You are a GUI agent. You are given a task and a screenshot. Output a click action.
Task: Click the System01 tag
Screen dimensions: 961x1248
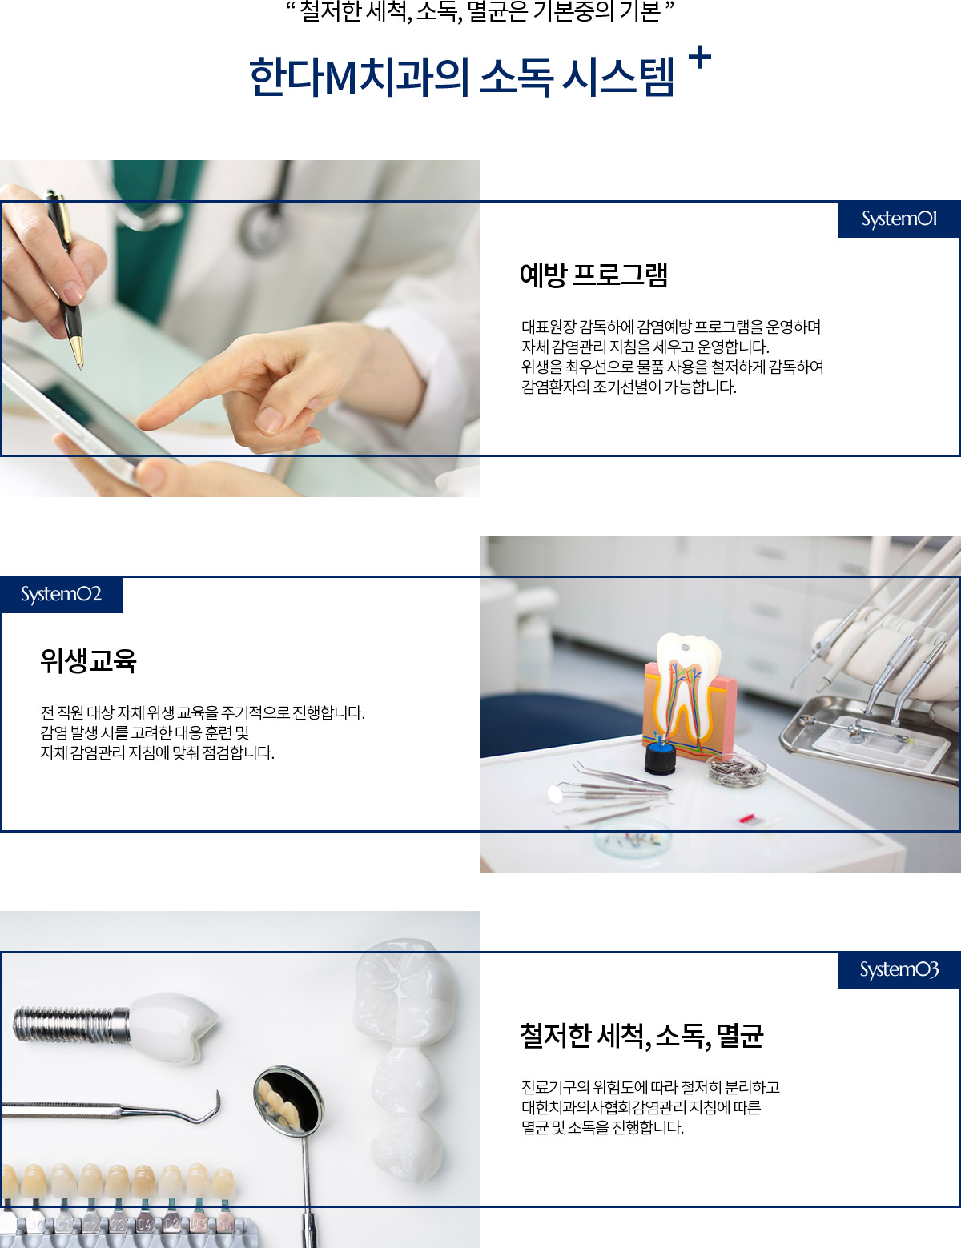[899, 219]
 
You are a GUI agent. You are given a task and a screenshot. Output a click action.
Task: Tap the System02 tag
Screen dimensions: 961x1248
[62, 595]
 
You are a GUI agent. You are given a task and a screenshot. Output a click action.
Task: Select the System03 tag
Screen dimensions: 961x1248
[899, 970]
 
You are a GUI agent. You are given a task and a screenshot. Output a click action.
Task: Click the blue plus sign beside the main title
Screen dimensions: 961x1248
[700, 58]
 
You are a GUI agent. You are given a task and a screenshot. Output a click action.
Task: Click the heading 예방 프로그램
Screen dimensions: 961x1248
[593, 275]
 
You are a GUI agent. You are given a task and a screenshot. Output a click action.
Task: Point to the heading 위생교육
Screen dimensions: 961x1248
[88, 660]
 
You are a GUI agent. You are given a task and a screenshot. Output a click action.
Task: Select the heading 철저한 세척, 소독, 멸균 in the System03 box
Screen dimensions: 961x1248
[641, 1036]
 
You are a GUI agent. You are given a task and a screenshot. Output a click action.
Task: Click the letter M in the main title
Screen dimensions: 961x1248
[340, 77]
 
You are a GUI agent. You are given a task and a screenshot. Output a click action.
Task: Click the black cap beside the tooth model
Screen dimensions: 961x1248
[661, 757]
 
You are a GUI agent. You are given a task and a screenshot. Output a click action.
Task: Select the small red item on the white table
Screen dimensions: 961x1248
[746, 817]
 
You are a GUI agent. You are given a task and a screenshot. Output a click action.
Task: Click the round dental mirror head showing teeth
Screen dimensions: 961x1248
[287, 1100]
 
